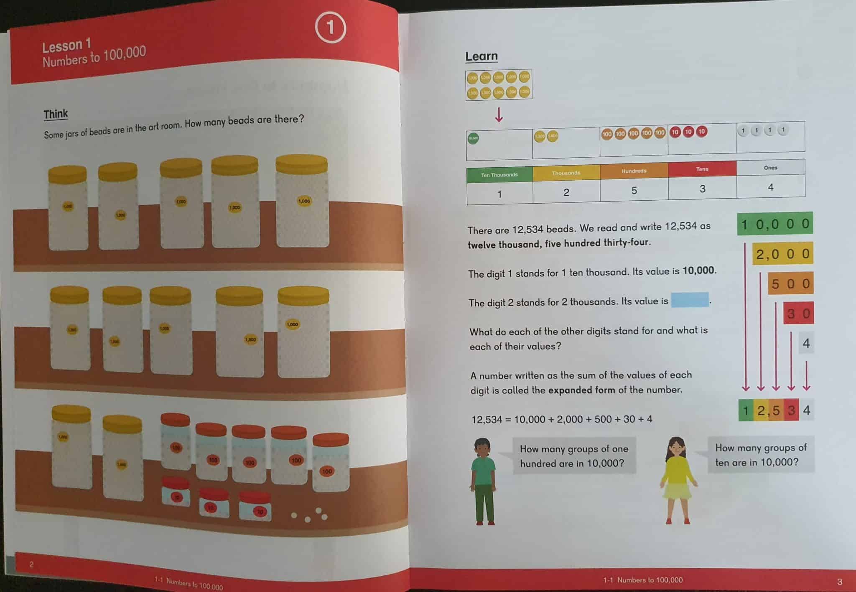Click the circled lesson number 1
click(x=330, y=28)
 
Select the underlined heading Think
click(x=56, y=114)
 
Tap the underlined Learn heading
click(x=481, y=56)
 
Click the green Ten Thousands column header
click(x=499, y=175)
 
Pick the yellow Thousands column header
click(x=566, y=173)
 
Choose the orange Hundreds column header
click(x=634, y=171)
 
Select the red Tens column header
click(x=702, y=169)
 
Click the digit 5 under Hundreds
click(x=634, y=191)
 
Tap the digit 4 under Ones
click(x=771, y=187)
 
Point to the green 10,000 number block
click(x=775, y=225)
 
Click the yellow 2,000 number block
click(x=783, y=254)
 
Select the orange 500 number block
click(x=790, y=284)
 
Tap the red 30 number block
click(x=798, y=314)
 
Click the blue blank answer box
click(x=690, y=300)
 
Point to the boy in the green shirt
click(x=484, y=481)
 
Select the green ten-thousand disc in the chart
click(x=473, y=138)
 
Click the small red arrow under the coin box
click(x=499, y=115)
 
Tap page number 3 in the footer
click(x=840, y=582)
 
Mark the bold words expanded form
click(x=581, y=390)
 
